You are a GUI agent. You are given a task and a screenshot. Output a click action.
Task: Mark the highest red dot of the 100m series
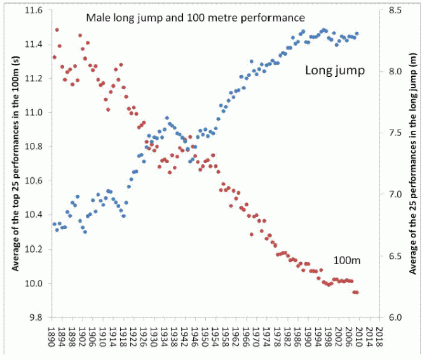(57, 30)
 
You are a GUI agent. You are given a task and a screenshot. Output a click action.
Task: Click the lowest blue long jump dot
(85, 232)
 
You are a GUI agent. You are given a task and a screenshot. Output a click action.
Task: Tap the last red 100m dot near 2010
(357, 292)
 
